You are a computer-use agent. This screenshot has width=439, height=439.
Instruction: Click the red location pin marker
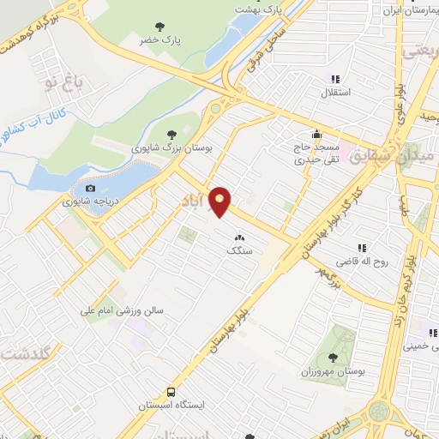[x=221, y=201]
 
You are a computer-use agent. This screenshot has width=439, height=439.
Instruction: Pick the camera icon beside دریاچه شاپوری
[x=91, y=189]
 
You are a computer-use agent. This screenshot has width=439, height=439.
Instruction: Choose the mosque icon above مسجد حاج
[x=317, y=134]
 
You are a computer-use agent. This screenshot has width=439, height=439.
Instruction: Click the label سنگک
[x=239, y=251]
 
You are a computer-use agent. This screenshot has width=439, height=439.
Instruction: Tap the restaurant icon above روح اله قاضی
[x=361, y=248]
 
